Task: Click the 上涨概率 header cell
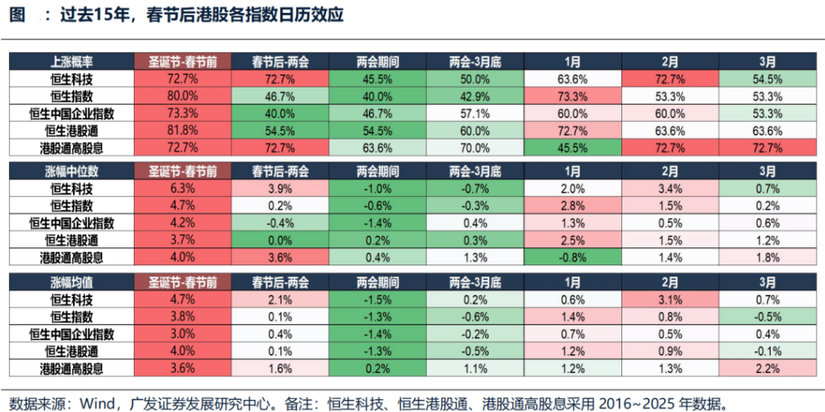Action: click(x=71, y=62)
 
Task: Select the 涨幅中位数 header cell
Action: click(x=71, y=171)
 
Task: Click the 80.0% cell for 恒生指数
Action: click(x=183, y=95)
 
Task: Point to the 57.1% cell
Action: click(x=475, y=113)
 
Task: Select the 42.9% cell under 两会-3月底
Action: click(x=475, y=95)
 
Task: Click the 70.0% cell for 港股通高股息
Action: click(x=475, y=148)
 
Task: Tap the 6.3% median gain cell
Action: click(x=183, y=188)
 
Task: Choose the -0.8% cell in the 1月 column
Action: click(x=572, y=258)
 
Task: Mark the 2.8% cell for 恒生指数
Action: click(x=572, y=206)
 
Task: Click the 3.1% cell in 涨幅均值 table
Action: click(x=669, y=299)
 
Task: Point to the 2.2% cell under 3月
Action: click(x=767, y=369)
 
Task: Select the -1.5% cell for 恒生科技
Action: click(x=377, y=299)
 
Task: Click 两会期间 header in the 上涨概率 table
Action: click(x=377, y=62)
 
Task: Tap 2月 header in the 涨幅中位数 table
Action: click(x=669, y=171)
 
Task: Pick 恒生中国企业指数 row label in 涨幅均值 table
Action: click(x=71, y=334)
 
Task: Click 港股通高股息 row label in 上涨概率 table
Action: click(x=71, y=148)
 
